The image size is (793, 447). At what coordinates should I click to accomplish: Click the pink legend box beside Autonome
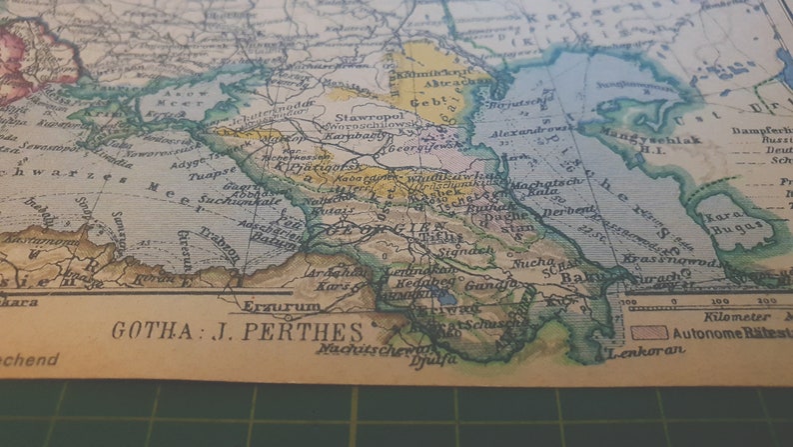[649, 332]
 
